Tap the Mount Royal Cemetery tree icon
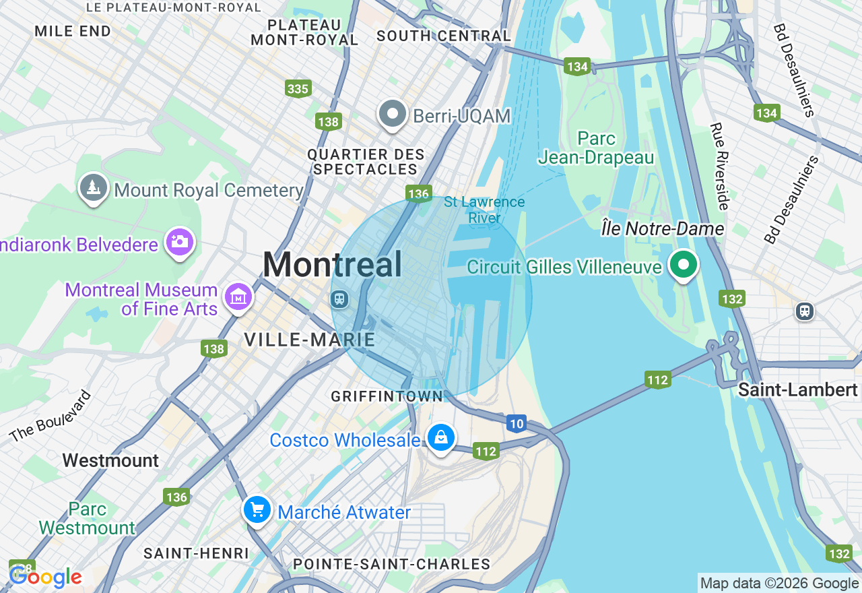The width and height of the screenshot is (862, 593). [93, 188]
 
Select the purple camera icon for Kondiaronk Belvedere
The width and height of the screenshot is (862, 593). [179, 242]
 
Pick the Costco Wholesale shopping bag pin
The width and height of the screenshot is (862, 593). [440, 438]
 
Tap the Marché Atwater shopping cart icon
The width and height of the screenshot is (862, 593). [257, 510]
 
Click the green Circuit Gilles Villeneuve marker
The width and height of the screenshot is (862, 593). [684, 265]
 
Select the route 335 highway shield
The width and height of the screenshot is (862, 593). [298, 89]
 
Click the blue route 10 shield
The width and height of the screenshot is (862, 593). [516, 423]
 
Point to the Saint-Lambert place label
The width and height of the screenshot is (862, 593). [797, 390]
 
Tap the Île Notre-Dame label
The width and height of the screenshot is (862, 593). [662, 229]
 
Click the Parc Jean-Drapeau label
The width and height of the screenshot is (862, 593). [596, 148]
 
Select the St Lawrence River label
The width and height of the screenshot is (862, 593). [484, 210]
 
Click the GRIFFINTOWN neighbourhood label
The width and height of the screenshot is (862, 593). [387, 397]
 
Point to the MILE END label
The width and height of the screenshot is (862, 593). [73, 32]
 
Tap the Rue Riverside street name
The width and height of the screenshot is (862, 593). [720, 166]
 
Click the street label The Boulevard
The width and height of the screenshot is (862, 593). [51, 416]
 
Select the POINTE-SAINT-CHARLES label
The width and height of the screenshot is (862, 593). [391, 564]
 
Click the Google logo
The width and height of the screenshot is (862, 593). [46, 576]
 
